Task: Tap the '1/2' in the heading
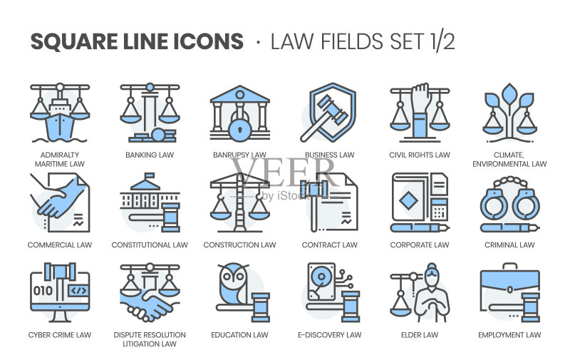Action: tap(442, 41)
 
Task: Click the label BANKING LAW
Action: tap(150, 155)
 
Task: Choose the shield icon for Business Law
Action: tap(332, 112)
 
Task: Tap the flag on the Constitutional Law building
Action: tap(149, 176)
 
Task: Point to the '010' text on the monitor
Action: tap(43, 291)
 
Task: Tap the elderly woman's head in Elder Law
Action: tap(432, 274)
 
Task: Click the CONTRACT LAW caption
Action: tap(330, 245)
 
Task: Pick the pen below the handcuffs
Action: tap(509, 228)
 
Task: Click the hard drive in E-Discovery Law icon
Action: tap(321, 282)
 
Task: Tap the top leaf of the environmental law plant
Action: tap(509, 93)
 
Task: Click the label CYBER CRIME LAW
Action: tap(60, 335)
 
